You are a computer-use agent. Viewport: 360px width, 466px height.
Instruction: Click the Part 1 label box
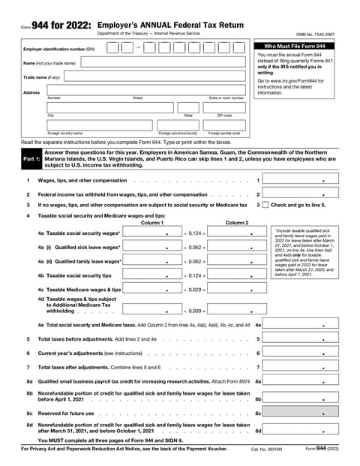click(x=31, y=160)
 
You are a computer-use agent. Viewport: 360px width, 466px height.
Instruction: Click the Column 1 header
click(x=151, y=223)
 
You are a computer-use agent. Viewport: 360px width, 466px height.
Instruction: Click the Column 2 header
click(x=236, y=223)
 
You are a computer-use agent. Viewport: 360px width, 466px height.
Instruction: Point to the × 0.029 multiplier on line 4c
click(x=194, y=290)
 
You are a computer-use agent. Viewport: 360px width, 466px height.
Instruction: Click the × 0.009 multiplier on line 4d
click(x=194, y=311)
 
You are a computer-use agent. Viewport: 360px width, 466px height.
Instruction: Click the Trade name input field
click(x=142, y=77)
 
